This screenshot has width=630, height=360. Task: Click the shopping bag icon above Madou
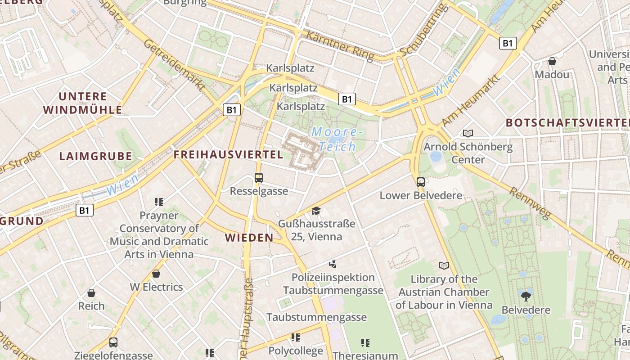[552, 61]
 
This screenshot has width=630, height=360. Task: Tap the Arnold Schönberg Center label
[468, 153]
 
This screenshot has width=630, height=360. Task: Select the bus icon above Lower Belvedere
[421, 182]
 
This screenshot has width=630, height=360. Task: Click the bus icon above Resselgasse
[259, 178]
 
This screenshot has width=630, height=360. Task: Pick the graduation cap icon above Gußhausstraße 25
[316, 211]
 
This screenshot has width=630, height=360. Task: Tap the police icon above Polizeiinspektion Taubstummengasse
[333, 264]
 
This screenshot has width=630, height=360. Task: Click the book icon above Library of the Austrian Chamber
[444, 265]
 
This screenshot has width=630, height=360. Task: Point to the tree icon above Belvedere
[526, 296]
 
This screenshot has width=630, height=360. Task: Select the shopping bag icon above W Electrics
[156, 273]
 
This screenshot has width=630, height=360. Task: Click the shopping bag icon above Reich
[91, 293]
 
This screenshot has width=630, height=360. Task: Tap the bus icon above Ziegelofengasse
[113, 342]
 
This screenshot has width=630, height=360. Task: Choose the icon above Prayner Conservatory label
[158, 202]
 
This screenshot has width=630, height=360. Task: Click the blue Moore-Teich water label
[337, 139]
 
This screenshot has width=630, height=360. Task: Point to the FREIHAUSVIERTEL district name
[229, 155]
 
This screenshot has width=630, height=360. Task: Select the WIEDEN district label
[249, 238]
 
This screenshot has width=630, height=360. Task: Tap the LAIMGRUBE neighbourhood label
[96, 157]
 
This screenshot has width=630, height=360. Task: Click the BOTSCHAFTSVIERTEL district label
[567, 123]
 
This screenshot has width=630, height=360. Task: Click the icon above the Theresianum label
[365, 343]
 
